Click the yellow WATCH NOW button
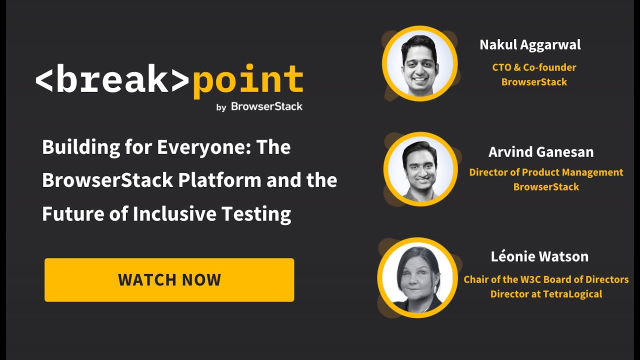169,280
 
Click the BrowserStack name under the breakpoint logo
266,106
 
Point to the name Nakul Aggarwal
530,45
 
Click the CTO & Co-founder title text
534,67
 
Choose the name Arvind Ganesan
541,151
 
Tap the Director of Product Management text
546,172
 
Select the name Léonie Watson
539,257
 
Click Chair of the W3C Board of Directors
546,279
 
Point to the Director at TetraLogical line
546,294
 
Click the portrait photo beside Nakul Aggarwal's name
419,63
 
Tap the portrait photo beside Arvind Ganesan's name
420,169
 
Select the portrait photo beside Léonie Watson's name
417,277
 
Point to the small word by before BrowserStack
221,107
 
